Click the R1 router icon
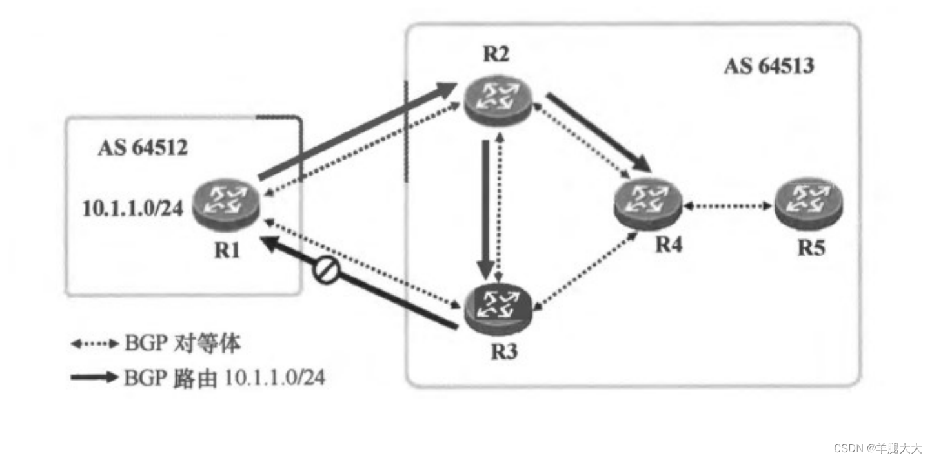[225, 206]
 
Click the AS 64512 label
[143, 148]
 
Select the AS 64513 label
[768, 66]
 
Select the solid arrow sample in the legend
[94, 377]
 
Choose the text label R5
[810, 248]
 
